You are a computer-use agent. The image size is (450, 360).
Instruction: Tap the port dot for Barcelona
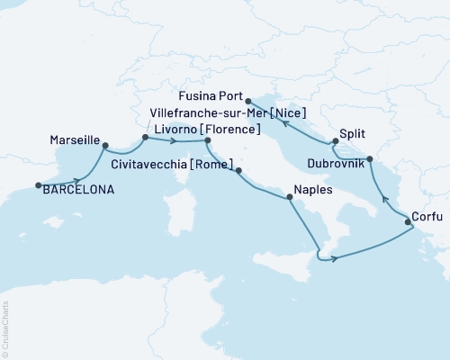[38, 186]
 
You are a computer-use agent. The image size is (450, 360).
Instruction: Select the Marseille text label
[69, 141]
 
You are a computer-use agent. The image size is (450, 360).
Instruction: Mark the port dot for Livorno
[207, 140]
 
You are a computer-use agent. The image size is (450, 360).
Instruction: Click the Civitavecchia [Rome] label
[175, 165]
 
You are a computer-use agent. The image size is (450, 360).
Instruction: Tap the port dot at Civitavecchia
[238, 168]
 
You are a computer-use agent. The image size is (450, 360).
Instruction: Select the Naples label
[312, 191]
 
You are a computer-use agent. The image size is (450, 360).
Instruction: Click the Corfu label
[427, 216]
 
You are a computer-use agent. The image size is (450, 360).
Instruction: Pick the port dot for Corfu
[408, 220]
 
